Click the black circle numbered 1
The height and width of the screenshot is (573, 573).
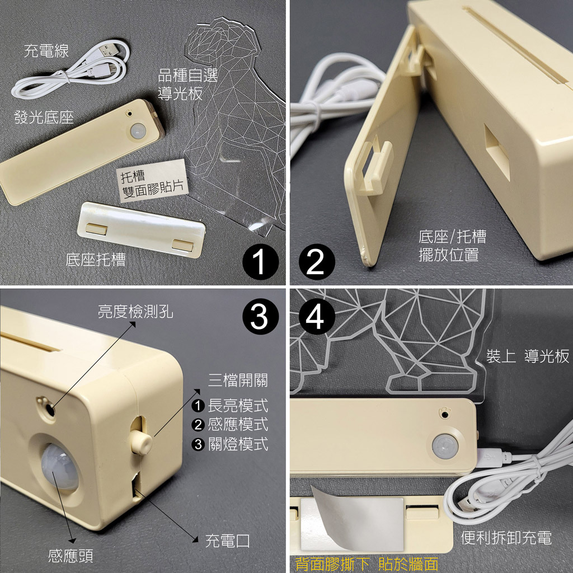click(261, 262)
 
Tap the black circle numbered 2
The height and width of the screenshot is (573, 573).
click(317, 262)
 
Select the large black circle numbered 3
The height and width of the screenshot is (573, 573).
click(260, 317)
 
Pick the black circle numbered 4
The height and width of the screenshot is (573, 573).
click(317, 317)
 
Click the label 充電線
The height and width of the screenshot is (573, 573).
click(46, 51)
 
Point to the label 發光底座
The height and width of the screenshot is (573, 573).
click(44, 118)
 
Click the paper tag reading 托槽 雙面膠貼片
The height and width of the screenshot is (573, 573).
click(152, 180)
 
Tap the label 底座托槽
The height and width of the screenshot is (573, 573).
click(96, 260)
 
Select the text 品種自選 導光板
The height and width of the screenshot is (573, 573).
click(187, 85)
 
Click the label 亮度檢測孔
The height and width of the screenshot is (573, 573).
click(135, 312)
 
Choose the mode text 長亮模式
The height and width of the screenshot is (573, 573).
click(238, 406)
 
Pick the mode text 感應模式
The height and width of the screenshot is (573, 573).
click(238, 425)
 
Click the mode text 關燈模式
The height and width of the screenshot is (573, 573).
click(238, 444)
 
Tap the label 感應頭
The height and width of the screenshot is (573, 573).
click(71, 556)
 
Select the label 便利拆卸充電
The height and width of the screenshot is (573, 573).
click(506, 538)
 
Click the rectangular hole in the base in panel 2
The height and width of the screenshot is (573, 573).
click(497, 152)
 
